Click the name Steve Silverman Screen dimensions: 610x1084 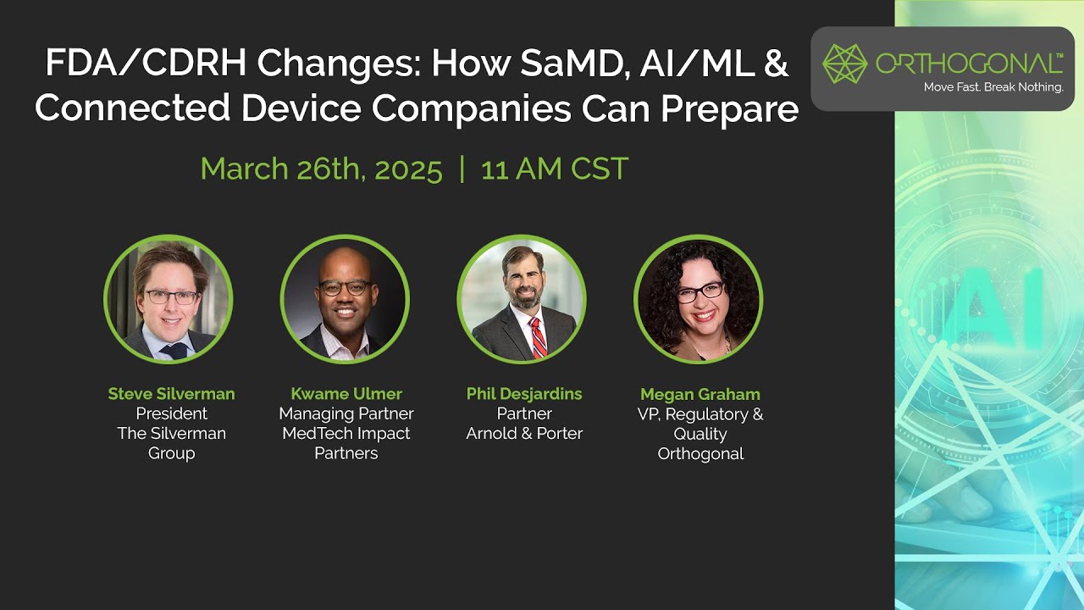tap(171, 394)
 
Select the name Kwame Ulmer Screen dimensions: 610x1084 tap(346, 394)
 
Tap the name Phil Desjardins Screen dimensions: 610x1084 tap(524, 394)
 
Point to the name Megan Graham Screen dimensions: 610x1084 tap(700, 395)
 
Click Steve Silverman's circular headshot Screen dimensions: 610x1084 tap(169, 299)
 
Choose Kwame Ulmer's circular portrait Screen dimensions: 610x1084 tap(345, 299)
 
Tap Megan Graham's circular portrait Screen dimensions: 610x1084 tap(699, 299)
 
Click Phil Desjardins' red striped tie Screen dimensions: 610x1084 tap(538, 338)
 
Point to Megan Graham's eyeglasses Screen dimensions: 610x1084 tap(700, 291)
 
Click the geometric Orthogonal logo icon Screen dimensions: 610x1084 tap(844, 64)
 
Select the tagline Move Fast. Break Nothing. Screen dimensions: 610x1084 tap(993, 87)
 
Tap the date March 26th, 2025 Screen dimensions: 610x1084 tap(322, 169)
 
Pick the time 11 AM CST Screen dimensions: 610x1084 tap(555, 169)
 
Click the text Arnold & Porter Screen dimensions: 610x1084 tap(524, 434)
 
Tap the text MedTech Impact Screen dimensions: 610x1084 tap(346, 434)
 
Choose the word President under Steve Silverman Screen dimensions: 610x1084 tap(172, 414)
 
